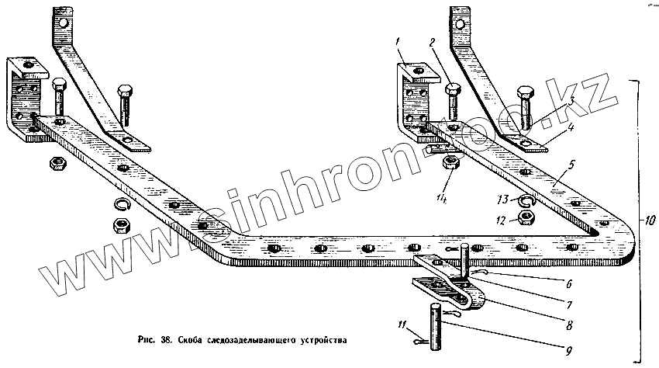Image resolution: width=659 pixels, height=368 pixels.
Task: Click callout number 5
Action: [x=570, y=164]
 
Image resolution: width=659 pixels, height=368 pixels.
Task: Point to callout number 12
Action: [x=501, y=221]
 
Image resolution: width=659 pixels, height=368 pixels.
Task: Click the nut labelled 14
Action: [x=449, y=163]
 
